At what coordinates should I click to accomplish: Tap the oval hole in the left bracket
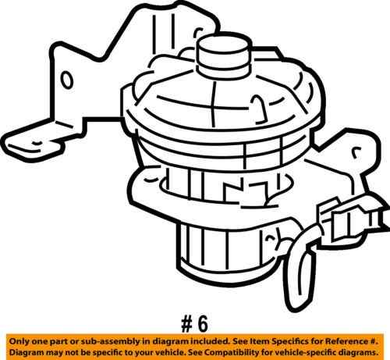coord(68,80)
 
